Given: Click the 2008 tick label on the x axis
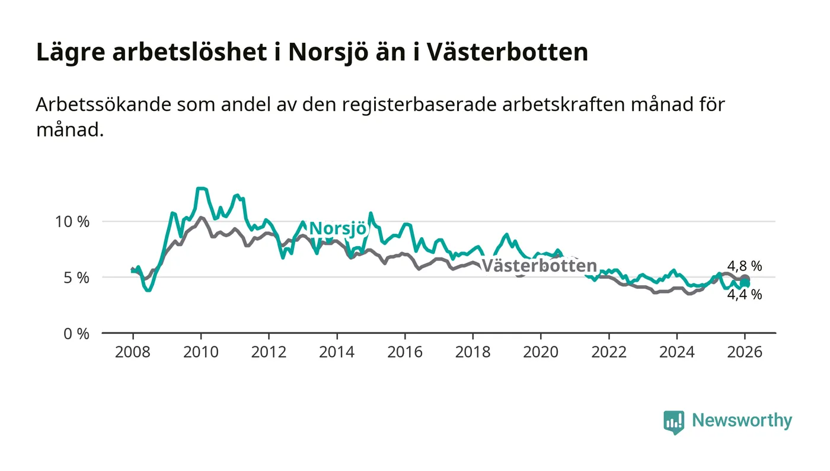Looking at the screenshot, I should (x=132, y=352).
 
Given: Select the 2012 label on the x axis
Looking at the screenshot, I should (x=269, y=352).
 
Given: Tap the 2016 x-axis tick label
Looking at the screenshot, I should (x=405, y=352).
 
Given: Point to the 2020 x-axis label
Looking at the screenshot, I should (x=541, y=352).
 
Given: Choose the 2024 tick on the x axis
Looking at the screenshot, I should (x=677, y=352).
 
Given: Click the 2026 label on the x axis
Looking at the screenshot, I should (x=745, y=352).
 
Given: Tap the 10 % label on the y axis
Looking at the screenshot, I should (x=73, y=222).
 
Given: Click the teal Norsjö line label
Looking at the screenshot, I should (x=338, y=228).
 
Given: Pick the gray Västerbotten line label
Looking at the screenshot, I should (x=538, y=266).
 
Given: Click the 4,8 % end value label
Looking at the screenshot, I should (x=745, y=265).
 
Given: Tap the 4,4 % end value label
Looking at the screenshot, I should (x=745, y=294).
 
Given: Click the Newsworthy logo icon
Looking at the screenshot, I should (x=673, y=422).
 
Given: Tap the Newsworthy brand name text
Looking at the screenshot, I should (x=742, y=421).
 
